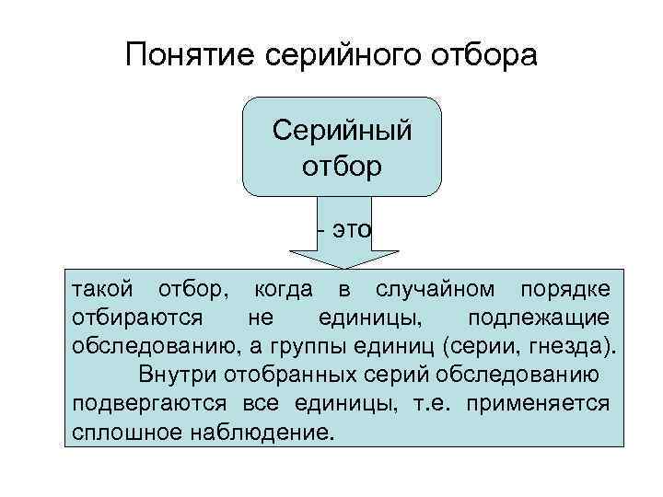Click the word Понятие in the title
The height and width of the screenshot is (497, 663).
(191, 56)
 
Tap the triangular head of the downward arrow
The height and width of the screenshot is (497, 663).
(343, 257)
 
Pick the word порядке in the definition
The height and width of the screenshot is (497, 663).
(564, 290)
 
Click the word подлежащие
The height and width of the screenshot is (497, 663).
(538, 318)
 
